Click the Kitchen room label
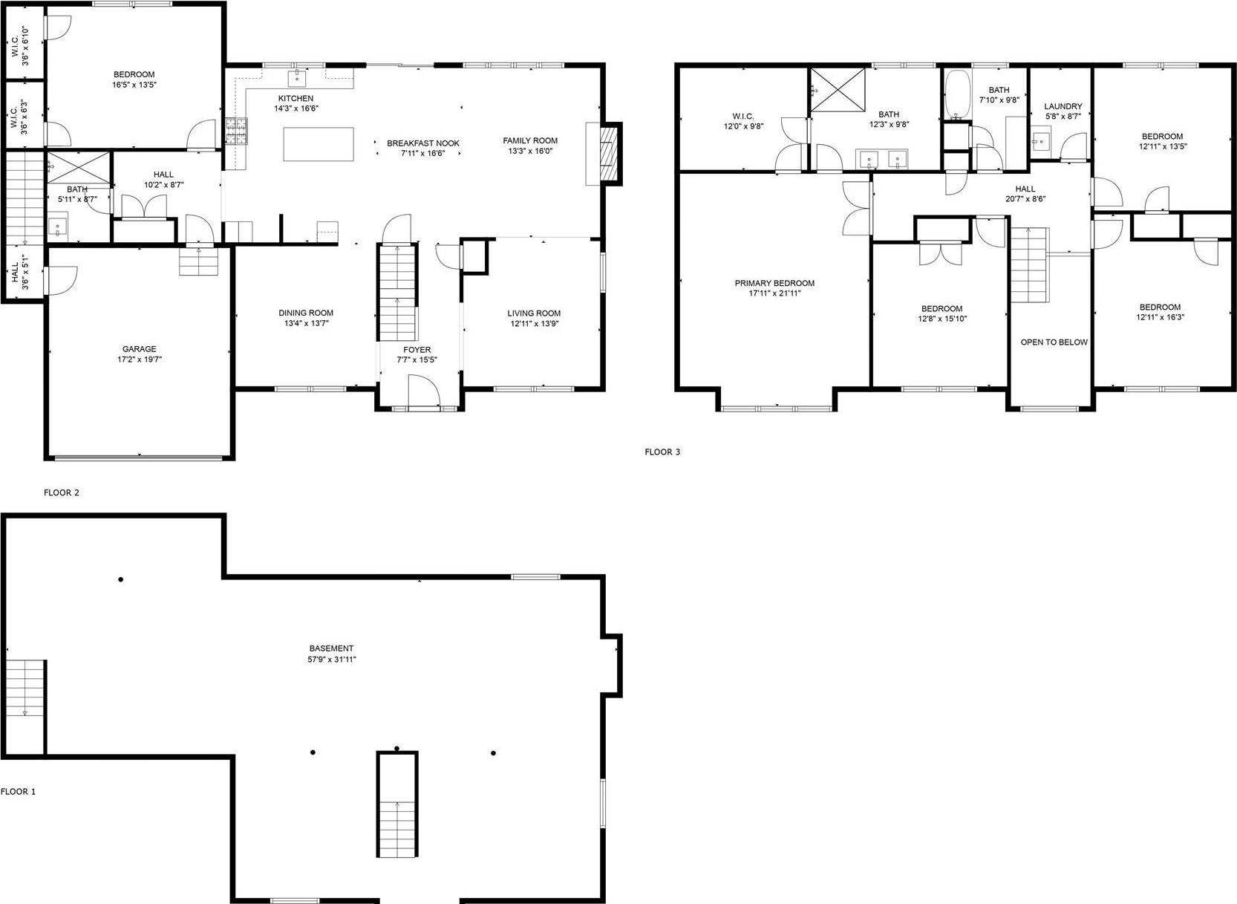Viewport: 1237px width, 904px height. click(296, 98)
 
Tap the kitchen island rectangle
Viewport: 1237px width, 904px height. click(319, 144)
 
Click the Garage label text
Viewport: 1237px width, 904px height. click(140, 349)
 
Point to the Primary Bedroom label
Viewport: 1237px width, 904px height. click(774, 283)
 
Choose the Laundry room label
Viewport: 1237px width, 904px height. click(1063, 106)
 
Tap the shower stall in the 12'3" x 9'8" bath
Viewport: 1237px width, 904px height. click(838, 90)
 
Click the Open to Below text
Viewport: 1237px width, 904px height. click(1054, 342)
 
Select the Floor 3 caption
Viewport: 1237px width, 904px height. click(662, 452)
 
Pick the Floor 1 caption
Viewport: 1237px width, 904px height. click(18, 792)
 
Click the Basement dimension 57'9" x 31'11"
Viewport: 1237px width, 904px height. click(332, 659)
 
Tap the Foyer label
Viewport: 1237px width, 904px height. click(417, 350)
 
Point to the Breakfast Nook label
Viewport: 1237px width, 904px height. click(422, 143)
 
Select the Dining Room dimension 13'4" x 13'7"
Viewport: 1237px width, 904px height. click(305, 323)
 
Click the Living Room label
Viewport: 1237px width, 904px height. click(534, 313)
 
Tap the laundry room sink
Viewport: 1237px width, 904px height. click(1041, 141)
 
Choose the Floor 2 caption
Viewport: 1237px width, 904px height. click(61, 492)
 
